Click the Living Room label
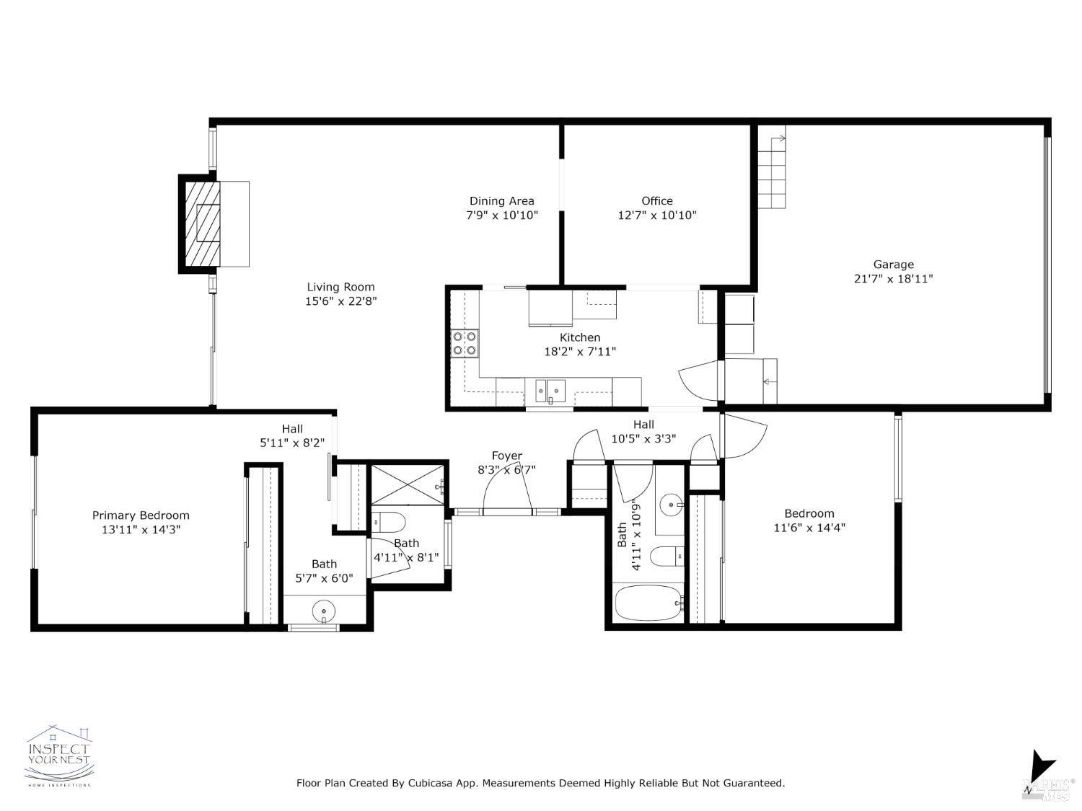coord(340,287)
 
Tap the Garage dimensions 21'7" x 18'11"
coord(893,279)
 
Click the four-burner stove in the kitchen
coord(465,343)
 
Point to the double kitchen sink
coord(550,391)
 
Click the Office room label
coord(656,201)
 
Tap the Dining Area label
coord(501,201)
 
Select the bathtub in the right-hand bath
coord(648,603)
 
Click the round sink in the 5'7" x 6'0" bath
coord(324,612)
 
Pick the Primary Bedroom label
coord(141,515)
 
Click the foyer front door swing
coord(506,487)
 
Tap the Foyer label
coord(506,456)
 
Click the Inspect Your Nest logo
coord(59,755)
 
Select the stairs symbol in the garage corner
coord(771,172)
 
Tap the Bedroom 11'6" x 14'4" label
coord(809,513)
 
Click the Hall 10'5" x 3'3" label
coord(643,425)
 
